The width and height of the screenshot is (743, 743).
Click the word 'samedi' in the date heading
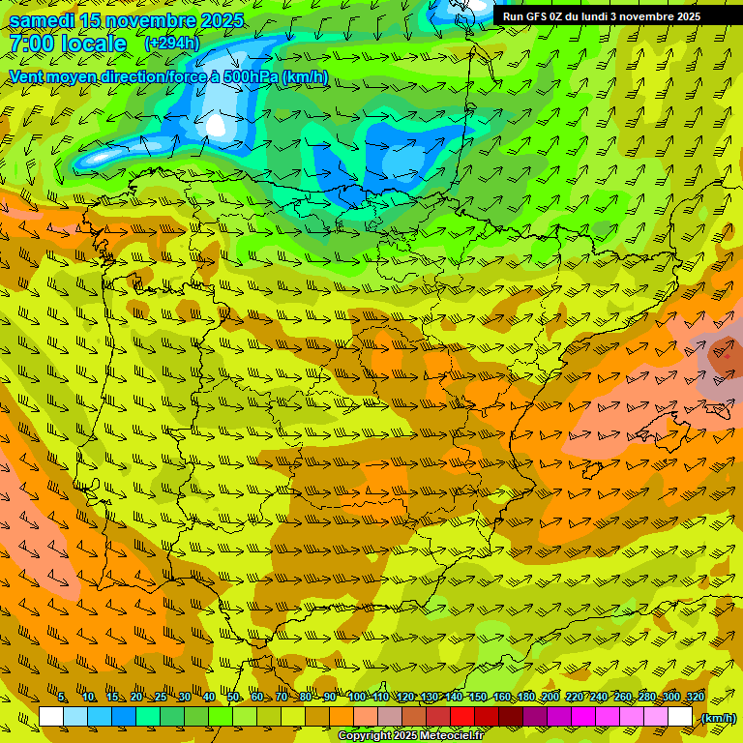42,21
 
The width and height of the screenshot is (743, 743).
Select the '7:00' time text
32,44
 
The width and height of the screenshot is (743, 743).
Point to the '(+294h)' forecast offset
171,44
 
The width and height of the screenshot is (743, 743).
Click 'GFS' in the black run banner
537,16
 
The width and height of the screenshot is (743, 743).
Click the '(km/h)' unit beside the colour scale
717,718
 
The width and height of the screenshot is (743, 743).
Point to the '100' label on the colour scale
356,698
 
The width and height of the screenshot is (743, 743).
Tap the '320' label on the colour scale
695,698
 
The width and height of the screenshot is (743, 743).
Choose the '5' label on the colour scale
62,698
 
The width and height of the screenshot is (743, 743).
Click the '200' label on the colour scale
550,698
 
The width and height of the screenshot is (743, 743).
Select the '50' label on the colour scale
233,698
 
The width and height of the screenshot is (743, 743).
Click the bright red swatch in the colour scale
462,717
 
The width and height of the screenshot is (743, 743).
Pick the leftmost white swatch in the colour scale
51,717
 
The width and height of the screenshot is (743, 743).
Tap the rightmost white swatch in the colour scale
680,717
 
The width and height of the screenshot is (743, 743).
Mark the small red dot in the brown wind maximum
726,355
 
